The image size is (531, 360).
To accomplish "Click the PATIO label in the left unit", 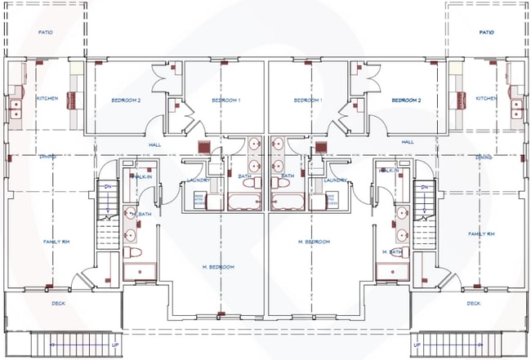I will pos(47,33).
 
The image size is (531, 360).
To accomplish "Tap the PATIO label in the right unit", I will pos(487,33).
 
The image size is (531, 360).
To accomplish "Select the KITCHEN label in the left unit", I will pos(47,99).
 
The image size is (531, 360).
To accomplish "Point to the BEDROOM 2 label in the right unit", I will pos(406,100).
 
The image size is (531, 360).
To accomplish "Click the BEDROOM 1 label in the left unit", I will pos(226,100).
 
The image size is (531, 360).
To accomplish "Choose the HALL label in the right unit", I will pos(408,142).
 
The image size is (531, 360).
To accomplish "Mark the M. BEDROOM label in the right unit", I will pos(314,242).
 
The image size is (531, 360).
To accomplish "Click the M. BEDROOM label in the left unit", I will pos(218,267).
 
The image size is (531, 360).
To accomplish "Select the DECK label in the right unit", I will pos(473,304).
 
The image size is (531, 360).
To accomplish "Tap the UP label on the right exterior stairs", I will pos(417,344).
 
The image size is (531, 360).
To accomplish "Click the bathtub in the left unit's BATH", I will pos(244,202).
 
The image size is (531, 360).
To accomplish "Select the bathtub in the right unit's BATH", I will pos(288,202).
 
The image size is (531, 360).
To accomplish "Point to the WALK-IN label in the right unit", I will pos(390,171).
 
